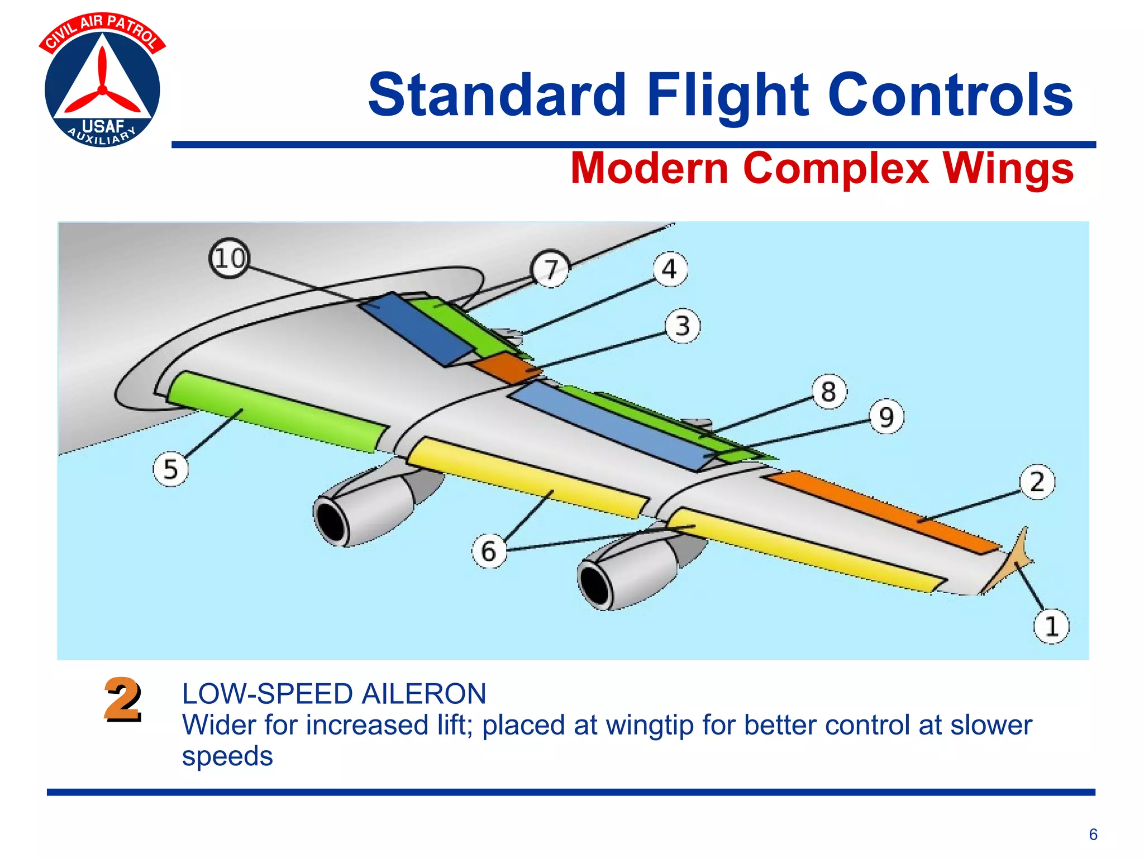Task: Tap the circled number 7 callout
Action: (551, 269)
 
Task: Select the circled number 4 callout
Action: (670, 270)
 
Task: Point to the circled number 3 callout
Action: (683, 326)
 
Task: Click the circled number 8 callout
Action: (829, 392)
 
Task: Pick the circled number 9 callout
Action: (886, 417)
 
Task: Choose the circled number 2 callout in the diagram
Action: (1037, 482)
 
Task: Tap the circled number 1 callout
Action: (1051, 626)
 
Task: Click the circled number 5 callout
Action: (170, 469)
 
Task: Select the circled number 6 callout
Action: (489, 551)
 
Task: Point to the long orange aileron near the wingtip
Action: (883, 511)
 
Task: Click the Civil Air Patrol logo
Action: (102, 81)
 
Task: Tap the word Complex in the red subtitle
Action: (836, 168)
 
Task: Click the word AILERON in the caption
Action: (423, 694)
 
